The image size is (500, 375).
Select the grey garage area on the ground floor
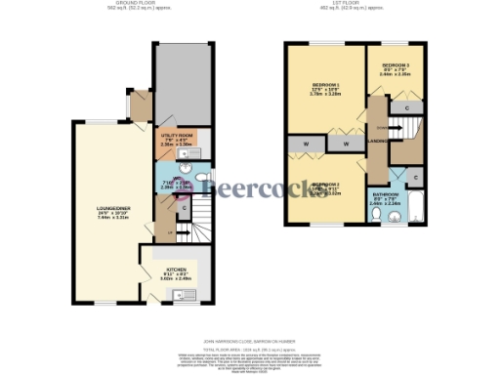point(183,82)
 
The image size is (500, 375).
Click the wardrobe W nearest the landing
point(346,144)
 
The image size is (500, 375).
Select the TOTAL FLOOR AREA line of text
point(249,346)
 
